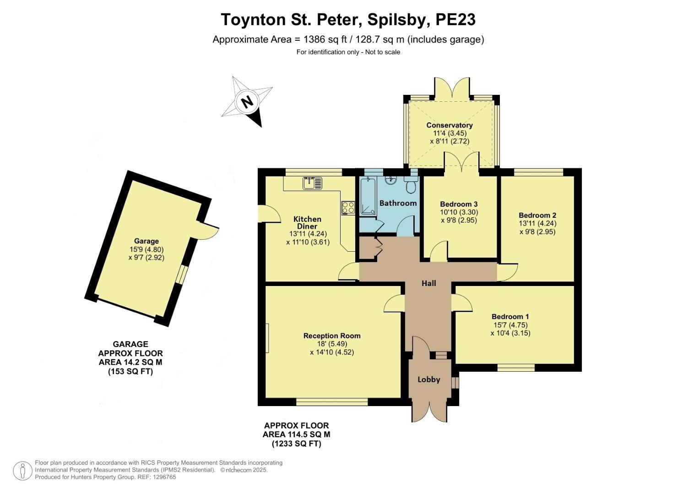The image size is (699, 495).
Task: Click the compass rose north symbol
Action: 247,101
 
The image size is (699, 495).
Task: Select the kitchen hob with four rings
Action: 348,208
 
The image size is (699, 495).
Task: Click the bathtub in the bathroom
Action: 368,197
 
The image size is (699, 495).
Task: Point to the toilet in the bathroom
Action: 411,186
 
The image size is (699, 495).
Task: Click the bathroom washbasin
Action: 390,179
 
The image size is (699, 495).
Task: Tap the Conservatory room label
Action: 449,125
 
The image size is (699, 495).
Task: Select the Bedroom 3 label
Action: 459,204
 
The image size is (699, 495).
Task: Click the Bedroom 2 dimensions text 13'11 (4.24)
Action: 537,224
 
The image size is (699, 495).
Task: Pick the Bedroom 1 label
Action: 510,316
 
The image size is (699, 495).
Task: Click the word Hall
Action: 428,283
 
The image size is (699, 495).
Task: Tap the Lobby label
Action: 429,379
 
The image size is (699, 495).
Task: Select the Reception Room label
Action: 332,335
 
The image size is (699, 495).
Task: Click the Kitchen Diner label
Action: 307,223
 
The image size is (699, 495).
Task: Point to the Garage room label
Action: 146,241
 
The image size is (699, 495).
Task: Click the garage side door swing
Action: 207,230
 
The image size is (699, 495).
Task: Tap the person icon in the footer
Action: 22,471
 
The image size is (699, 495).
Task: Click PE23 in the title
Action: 455,20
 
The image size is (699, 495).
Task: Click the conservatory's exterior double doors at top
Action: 451,88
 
